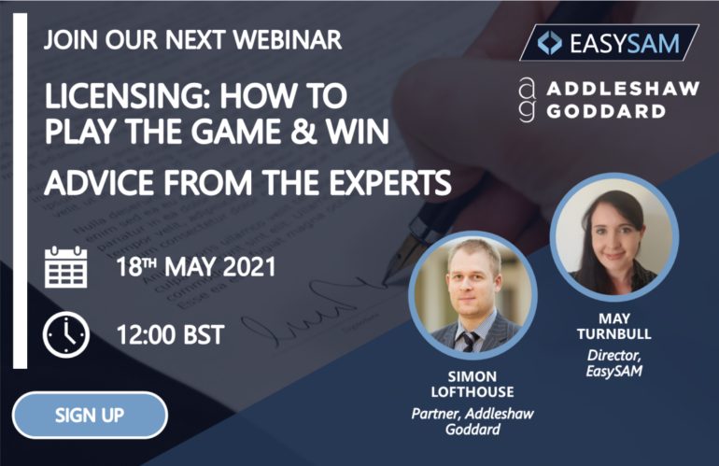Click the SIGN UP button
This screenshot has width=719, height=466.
click(x=90, y=415)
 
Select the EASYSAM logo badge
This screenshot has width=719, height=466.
click(x=609, y=43)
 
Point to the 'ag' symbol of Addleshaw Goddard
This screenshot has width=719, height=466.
click(x=528, y=100)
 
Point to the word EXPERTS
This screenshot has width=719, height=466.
click(x=381, y=180)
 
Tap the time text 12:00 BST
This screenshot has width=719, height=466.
click(x=169, y=333)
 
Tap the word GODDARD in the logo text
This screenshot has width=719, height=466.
click(x=608, y=110)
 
